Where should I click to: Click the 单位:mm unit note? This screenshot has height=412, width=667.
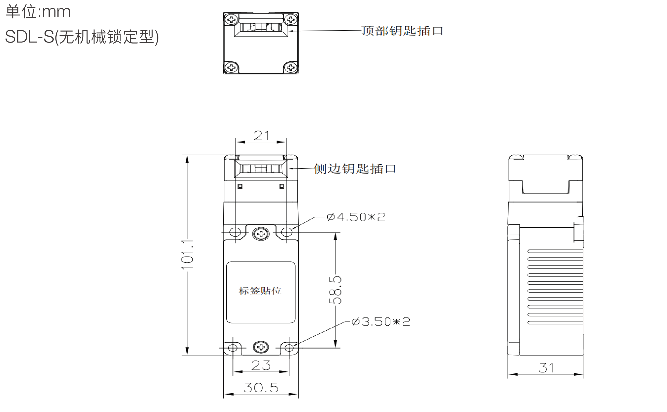click(x=38, y=12)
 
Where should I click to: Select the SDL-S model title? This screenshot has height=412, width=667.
click(x=82, y=37)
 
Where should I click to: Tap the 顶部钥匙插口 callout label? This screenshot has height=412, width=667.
click(x=402, y=31)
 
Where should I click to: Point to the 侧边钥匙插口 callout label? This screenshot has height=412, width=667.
click(x=354, y=169)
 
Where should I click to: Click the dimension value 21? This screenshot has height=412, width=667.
click(x=261, y=136)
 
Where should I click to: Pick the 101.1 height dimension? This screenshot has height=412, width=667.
click(x=187, y=255)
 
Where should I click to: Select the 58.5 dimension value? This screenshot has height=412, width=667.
click(x=335, y=290)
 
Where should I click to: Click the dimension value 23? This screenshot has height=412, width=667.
click(x=261, y=365)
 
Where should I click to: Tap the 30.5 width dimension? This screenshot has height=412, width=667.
click(x=261, y=388)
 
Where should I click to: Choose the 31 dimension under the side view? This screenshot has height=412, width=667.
click(x=546, y=368)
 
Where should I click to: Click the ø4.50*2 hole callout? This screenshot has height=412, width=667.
click(x=356, y=217)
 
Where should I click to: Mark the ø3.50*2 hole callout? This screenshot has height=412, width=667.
click(x=381, y=322)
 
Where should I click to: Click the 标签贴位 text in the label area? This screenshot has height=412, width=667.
click(x=260, y=291)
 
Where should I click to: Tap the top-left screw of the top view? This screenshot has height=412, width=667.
click(x=232, y=19)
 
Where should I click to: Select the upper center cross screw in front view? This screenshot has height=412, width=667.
click(x=261, y=234)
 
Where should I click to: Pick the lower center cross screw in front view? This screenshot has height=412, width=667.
click(x=261, y=347)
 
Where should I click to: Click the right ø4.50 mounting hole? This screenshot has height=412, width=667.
click(x=286, y=232)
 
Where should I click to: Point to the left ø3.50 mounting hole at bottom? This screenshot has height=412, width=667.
click(x=233, y=348)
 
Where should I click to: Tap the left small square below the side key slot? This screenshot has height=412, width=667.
click(x=240, y=186)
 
